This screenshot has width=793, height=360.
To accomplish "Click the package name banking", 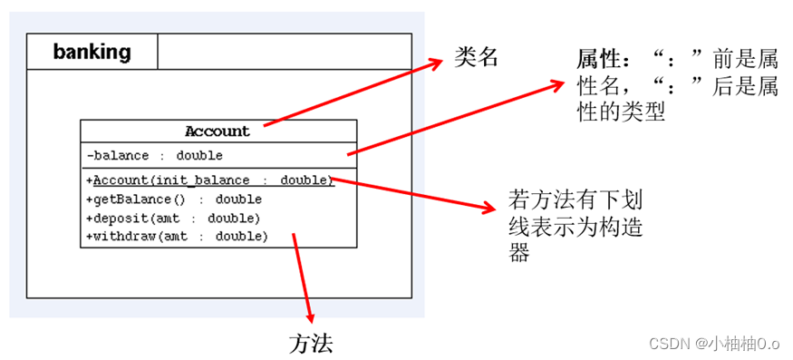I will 92,52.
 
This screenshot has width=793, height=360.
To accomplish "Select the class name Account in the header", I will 218,131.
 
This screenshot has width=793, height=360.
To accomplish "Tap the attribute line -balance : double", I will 154,156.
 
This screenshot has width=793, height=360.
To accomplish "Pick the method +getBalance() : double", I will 173,199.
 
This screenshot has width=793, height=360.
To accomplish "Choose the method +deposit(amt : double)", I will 172,218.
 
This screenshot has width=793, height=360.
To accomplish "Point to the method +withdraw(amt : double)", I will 177,236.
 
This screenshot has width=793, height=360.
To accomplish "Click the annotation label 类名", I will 476,58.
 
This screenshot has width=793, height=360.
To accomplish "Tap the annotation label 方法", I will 312,342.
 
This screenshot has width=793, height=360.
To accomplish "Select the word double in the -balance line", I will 199,156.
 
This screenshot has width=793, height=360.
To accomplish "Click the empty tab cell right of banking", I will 285,52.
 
